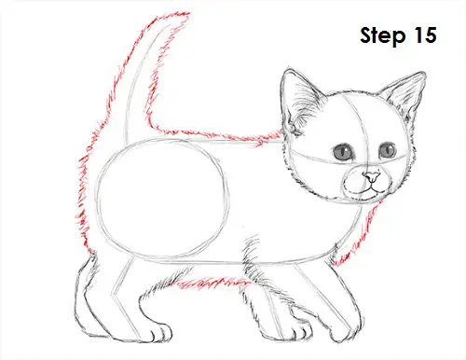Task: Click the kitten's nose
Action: pos(370,176)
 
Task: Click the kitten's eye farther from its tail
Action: pos(385,150)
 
